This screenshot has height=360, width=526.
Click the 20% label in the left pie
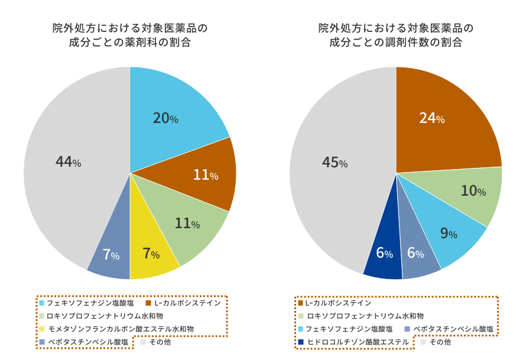pos(165,118)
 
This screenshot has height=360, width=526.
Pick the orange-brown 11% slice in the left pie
pos(201,175)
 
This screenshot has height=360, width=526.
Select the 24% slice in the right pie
pos(437,124)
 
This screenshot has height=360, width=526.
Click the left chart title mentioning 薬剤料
pos(130,35)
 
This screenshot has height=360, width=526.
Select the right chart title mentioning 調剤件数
pos(396,35)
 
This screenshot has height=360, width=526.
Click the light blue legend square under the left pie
pos(42,303)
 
